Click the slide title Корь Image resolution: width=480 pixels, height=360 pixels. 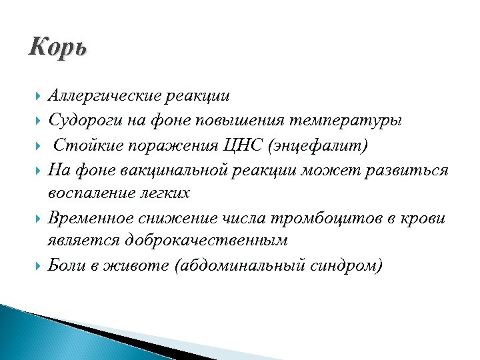(x=58, y=49)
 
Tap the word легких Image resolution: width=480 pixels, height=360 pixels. (x=165, y=193)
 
